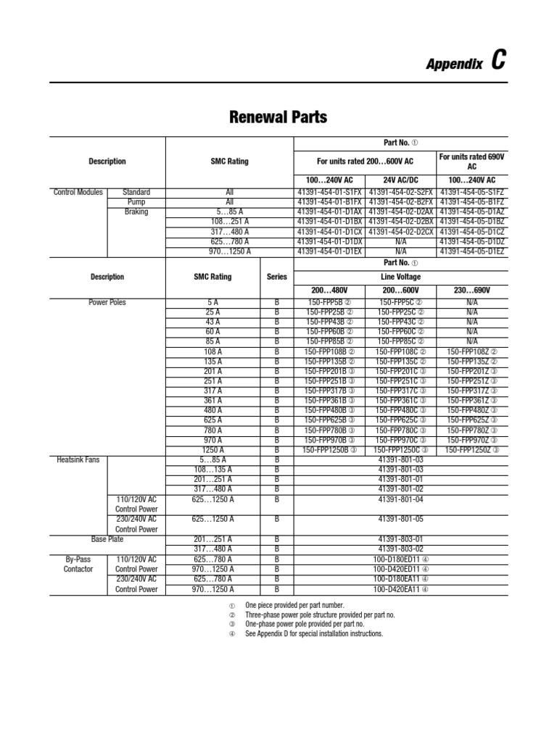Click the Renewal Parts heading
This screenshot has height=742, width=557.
pyautogui.click(x=278, y=117)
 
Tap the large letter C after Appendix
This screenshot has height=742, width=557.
pyautogui.click(x=498, y=62)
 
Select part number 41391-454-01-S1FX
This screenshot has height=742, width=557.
pyautogui.click(x=330, y=193)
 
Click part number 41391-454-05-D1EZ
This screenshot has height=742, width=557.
pyautogui.click(x=472, y=251)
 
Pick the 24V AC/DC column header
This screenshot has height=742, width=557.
pyautogui.click(x=401, y=179)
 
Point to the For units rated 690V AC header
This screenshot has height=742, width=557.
pyautogui.click(x=472, y=161)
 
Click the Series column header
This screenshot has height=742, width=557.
pyautogui.click(x=276, y=277)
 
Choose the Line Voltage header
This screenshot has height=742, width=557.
pyautogui.click(x=401, y=277)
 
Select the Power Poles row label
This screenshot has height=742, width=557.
pyautogui.click(x=107, y=301)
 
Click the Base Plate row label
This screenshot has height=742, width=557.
pyautogui.click(x=107, y=538)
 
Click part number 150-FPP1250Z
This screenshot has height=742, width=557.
pyautogui.click(x=472, y=449)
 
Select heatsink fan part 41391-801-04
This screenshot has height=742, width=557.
pyautogui.click(x=401, y=499)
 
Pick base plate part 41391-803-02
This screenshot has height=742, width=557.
pyautogui.click(x=401, y=549)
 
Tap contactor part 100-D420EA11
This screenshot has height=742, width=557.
pyautogui.click(x=401, y=589)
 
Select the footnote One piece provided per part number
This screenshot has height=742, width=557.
pyautogui.click(x=294, y=605)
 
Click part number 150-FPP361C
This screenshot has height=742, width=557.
pyautogui.click(x=401, y=400)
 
